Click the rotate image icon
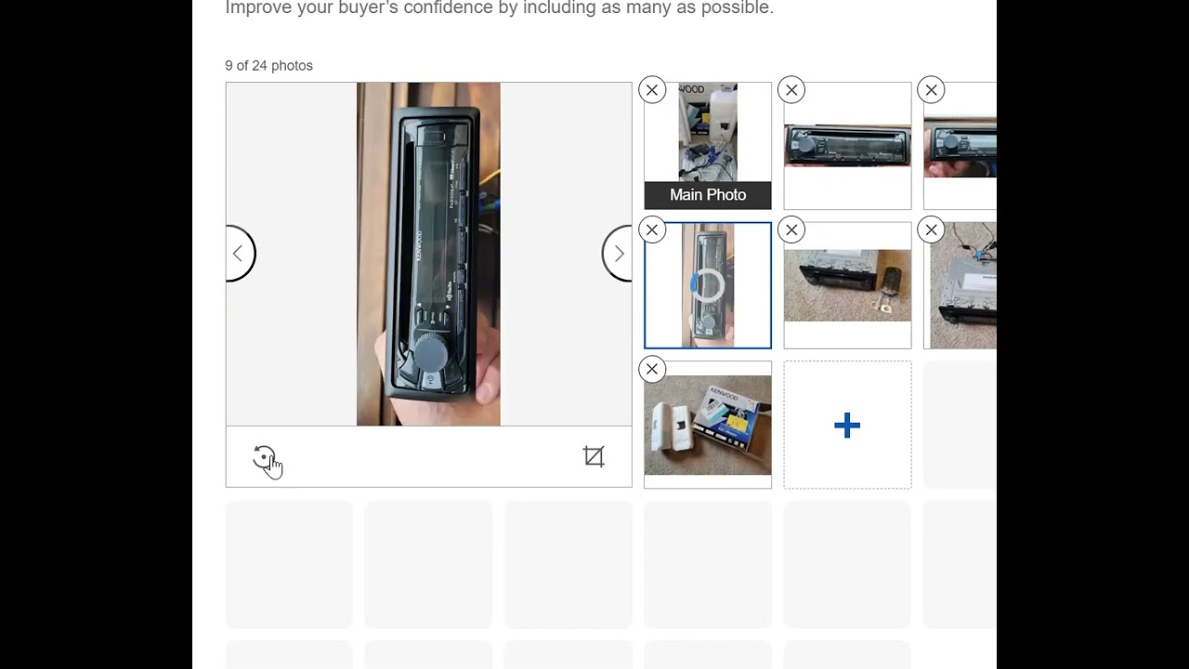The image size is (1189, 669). click(x=265, y=457)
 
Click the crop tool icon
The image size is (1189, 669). click(x=594, y=456)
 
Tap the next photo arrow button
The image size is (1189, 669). click(x=619, y=254)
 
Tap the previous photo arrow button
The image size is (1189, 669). click(x=239, y=254)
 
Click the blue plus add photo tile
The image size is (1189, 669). click(x=847, y=426)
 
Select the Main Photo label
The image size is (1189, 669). click(x=708, y=195)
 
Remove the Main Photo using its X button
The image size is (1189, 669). click(x=652, y=90)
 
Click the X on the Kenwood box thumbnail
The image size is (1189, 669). click(x=652, y=370)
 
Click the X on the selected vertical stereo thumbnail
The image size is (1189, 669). click(x=652, y=230)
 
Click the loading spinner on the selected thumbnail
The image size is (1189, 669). click(x=707, y=285)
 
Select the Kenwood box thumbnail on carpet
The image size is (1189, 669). click(x=708, y=425)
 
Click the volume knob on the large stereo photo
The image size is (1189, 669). click(x=429, y=352)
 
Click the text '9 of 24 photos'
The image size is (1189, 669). click(x=268, y=66)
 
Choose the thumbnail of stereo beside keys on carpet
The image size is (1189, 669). click(x=847, y=285)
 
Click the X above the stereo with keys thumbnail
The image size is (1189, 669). click(x=791, y=230)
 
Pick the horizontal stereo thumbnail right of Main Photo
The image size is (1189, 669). click(x=847, y=146)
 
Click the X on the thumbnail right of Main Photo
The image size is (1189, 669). click(x=791, y=90)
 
